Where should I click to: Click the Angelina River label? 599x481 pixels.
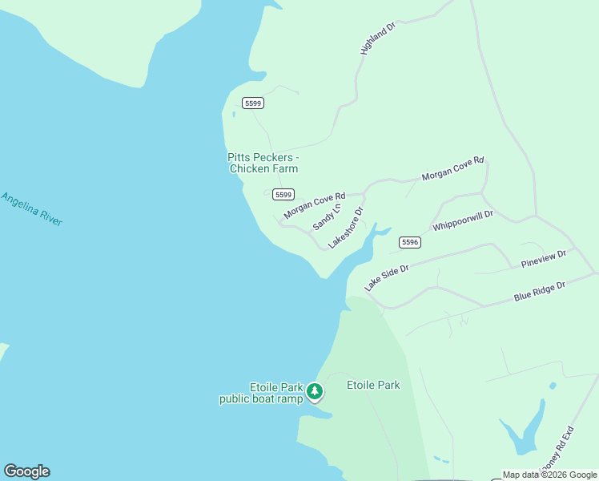click(x=31, y=209)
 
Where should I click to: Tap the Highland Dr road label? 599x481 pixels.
click(x=378, y=38)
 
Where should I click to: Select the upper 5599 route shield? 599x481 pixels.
click(x=253, y=103)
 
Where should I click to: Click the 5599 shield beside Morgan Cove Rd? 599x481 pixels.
click(x=283, y=195)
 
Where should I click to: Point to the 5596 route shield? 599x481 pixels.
click(x=409, y=242)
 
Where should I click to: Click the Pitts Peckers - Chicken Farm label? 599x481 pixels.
click(x=263, y=163)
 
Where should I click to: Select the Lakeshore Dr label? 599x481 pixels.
click(x=346, y=227)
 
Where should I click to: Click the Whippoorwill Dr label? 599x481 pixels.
click(x=463, y=220)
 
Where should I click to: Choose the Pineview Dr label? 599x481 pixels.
click(x=543, y=259)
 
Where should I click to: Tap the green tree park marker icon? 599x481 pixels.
click(x=316, y=391)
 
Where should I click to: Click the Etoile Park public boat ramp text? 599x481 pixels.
click(x=262, y=393)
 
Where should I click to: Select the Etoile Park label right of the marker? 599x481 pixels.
click(x=372, y=385)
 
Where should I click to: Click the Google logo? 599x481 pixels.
click(x=26, y=471)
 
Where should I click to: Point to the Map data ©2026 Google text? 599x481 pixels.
click(x=549, y=475)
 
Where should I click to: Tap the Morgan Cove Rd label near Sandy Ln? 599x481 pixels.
click(x=314, y=206)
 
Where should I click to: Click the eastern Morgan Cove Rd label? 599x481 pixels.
click(x=452, y=168)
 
